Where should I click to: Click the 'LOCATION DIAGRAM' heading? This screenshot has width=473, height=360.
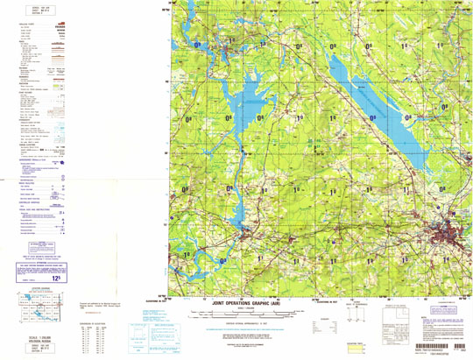(x=36, y=286)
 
